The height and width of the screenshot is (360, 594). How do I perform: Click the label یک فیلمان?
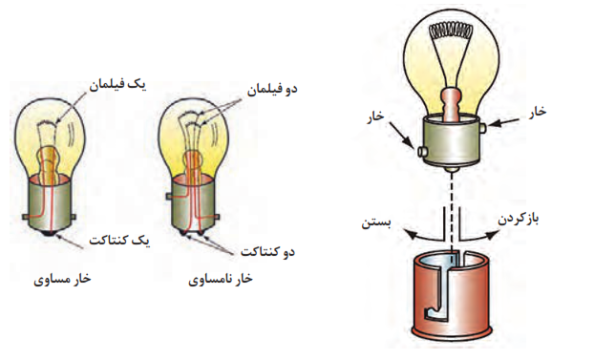[x=117, y=85]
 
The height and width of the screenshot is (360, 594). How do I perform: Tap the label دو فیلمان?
[x=272, y=90]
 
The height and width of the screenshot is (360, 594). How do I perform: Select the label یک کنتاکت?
[x=119, y=241]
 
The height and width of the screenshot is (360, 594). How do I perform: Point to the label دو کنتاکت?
[x=267, y=252]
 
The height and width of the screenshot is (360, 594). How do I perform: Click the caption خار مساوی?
[x=62, y=279]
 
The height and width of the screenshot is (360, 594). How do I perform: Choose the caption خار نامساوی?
[x=221, y=279]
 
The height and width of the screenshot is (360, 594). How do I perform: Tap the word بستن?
[x=376, y=222]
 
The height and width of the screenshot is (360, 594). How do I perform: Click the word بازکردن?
[x=518, y=220]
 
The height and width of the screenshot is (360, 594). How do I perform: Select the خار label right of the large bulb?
[x=537, y=112]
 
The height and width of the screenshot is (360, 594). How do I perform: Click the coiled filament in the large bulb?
[x=450, y=32]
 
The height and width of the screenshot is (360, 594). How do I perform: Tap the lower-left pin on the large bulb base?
[x=421, y=152]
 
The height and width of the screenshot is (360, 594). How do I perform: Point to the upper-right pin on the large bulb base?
[x=482, y=128]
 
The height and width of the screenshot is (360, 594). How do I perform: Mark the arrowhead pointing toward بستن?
[x=409, y=234]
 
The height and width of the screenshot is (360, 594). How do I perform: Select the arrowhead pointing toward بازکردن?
[x=492, y=235]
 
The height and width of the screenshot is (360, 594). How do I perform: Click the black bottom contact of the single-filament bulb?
[x=49, y=233]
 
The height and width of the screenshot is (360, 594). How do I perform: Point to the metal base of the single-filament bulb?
[x=50, y=204]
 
